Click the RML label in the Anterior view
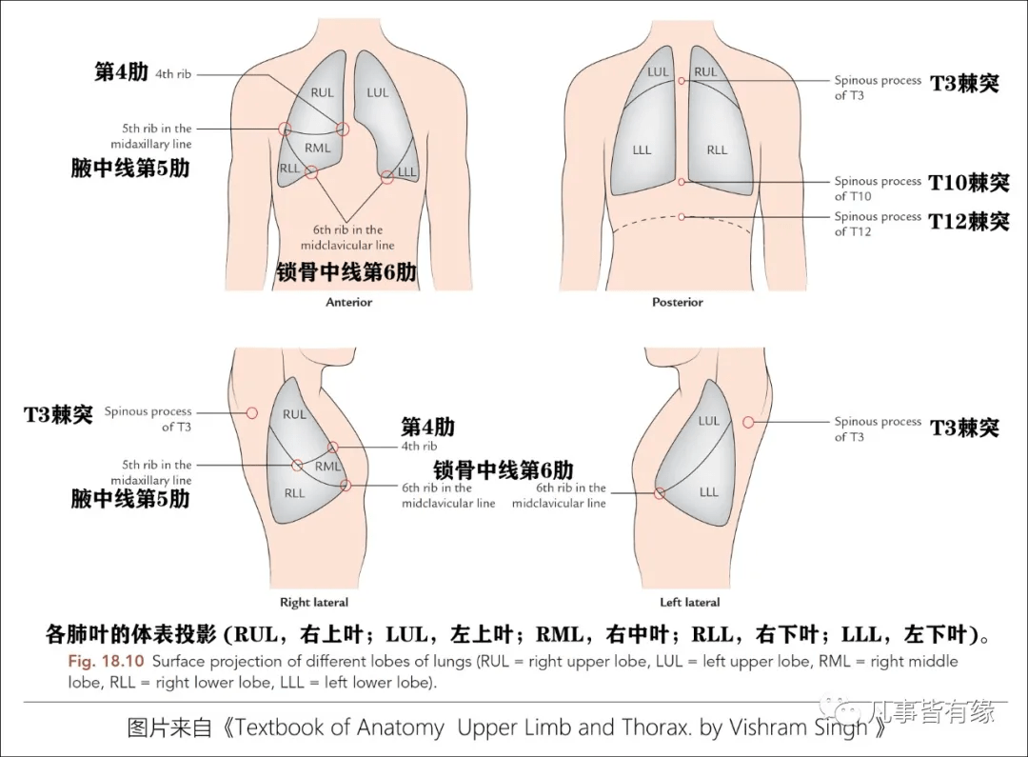coord(318,149)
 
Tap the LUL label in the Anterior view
coord(378,92)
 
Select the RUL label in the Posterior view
coord(705,72)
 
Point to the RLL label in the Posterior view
coord(717,149)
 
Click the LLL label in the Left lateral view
coord(709,492)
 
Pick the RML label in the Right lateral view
coord(328,467)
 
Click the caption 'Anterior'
coord(349,302)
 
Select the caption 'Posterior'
coord(677,302)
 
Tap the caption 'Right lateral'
coord(314,602)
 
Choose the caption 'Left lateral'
coord(689,602)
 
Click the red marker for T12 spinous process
coord(682,217)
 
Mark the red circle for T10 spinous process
coord(682,181)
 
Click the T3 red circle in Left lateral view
coord(748,422)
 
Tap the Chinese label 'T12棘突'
coord(969,222)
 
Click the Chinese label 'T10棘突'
coord(969,182)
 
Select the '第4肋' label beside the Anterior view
coord(121,72)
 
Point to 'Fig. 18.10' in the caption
coord(106,661)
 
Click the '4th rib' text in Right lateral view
coord(419,446)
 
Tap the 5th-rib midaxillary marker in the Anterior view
coord(284,129)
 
